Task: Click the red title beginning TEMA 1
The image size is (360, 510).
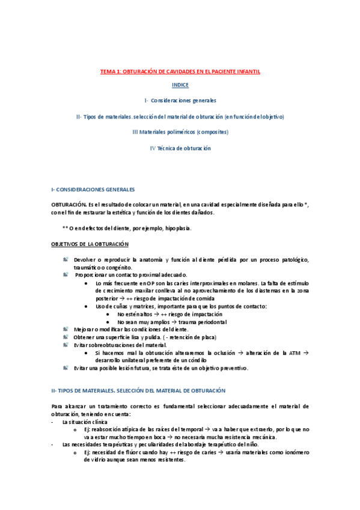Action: [180, 71]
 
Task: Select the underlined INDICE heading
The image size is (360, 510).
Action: [180, 85]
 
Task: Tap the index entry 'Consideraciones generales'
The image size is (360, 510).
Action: [183, 100]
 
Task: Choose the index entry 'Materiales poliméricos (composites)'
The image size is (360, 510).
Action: [180, 132]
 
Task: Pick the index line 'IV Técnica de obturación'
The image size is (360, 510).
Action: [180, 148]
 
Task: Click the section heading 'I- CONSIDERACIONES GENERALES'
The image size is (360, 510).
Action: [93, 189]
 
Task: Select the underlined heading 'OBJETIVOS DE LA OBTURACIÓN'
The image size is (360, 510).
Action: [90, 244]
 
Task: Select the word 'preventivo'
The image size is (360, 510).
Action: [233, 367]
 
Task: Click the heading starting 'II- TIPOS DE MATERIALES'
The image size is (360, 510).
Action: [139, 390]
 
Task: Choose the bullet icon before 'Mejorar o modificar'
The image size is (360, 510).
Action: [66, 329]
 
